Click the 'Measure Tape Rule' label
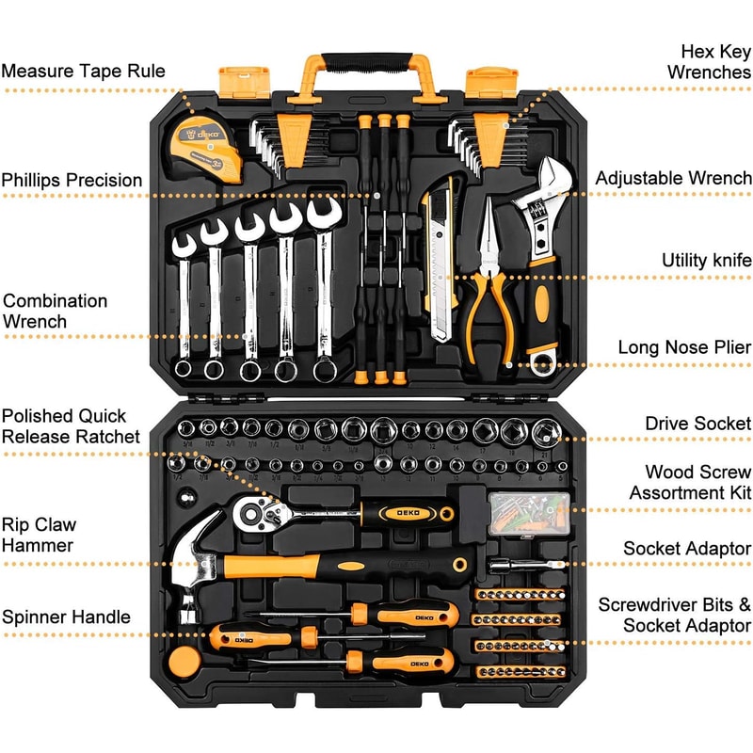83,71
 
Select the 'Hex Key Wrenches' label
709,61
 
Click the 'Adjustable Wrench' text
673,178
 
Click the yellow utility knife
441,259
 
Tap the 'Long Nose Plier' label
684,347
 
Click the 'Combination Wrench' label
55,311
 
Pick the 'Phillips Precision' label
72,180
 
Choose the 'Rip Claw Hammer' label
39,535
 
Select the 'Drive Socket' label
697,424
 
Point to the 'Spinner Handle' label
66,617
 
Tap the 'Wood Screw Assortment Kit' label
690,482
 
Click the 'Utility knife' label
706,261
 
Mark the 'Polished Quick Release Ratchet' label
71,425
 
